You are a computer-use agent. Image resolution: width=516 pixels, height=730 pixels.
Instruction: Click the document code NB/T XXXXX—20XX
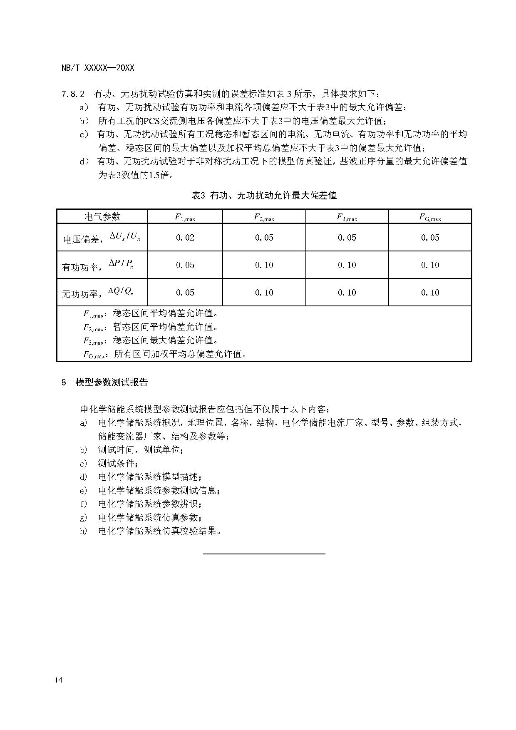coord(98,68)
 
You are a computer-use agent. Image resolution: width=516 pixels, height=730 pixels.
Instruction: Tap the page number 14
coord(58,680)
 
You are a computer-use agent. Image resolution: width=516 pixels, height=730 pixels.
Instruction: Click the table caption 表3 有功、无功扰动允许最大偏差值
coord(264,195)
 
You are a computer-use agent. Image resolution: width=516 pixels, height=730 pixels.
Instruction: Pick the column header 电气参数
coord(102,216)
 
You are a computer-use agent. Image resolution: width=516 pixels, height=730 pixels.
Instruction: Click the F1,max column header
coord(185,217)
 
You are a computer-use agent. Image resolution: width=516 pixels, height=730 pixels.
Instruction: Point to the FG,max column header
coord(430,217)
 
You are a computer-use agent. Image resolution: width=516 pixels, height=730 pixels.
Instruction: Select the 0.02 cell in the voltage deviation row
coord(185,238)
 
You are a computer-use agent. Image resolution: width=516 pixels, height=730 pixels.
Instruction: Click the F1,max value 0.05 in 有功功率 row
coord(185,265)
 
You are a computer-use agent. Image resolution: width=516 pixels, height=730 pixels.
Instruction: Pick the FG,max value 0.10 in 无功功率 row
coord(430,293)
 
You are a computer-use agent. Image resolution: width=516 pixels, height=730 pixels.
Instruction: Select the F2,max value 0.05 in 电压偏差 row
coord(264,238)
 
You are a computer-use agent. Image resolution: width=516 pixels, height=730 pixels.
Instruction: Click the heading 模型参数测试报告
coord(112,382)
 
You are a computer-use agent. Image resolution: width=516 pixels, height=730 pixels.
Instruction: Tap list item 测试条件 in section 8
coord(118,463)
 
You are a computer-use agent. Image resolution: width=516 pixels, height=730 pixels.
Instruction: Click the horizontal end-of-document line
coord(264,554)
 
